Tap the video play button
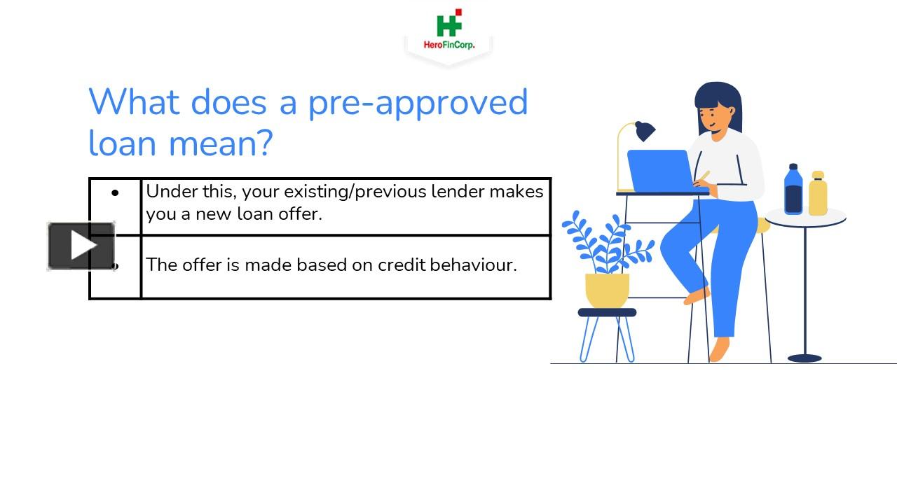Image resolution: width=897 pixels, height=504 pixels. (81, 246)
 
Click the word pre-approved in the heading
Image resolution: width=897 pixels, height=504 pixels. (418, 102)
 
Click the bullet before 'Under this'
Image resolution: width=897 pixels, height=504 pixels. (115, 192)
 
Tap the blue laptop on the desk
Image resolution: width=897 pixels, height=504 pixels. (659, 170)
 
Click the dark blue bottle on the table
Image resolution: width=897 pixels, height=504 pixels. (793, 190)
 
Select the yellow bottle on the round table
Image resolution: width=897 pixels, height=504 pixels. (818, 194)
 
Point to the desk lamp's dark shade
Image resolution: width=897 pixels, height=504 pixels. (644, 131)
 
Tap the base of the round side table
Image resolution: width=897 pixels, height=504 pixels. (804, 358)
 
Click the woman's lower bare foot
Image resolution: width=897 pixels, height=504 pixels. (720, 349)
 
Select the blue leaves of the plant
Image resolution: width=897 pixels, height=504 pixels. (603, 242)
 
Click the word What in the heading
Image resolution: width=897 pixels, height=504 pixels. (134, 102)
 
